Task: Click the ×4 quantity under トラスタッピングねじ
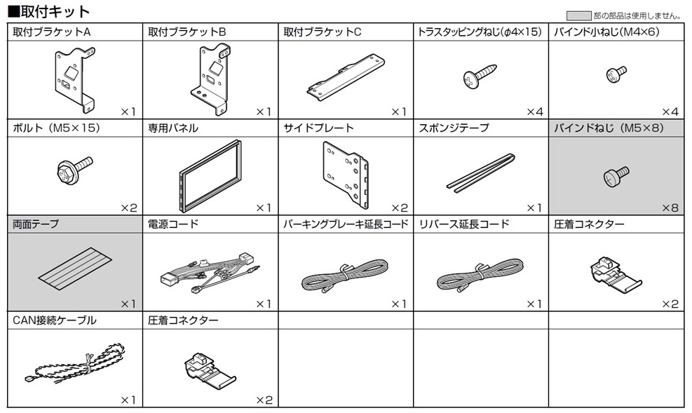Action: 535,111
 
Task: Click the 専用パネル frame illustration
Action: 210,175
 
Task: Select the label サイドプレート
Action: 319,128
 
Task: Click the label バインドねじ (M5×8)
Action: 608,128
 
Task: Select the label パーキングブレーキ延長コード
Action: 346,224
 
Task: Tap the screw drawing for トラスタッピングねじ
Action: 480,76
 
